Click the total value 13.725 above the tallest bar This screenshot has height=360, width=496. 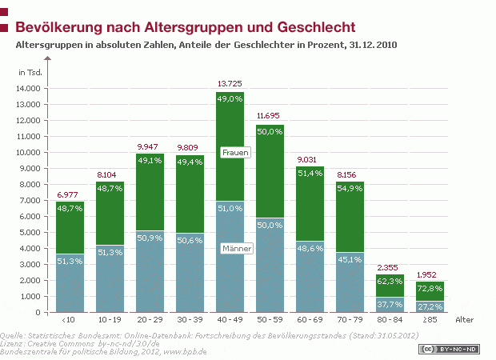point(230,83)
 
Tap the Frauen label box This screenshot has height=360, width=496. point(236,152)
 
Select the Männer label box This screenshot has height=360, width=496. point(236,249)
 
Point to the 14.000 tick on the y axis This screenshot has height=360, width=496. point(31,89)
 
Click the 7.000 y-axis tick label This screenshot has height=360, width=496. point(33,200)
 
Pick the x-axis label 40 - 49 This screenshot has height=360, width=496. point(230,320)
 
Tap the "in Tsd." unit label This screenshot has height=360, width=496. point(30,73)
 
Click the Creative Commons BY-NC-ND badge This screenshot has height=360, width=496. point(450,350)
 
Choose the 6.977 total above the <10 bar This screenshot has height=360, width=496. point(68,195)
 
